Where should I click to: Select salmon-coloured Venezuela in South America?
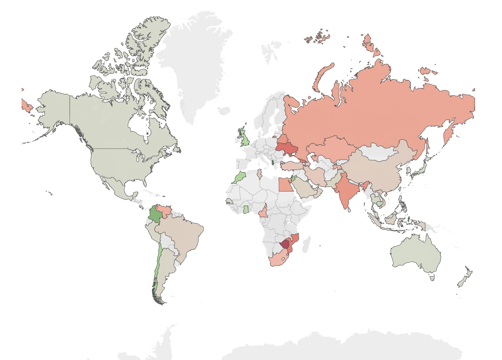[164, 210]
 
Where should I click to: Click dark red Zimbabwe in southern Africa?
[285, 244]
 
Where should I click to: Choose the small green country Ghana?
[246, 209]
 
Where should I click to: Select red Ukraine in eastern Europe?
[287, 149]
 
